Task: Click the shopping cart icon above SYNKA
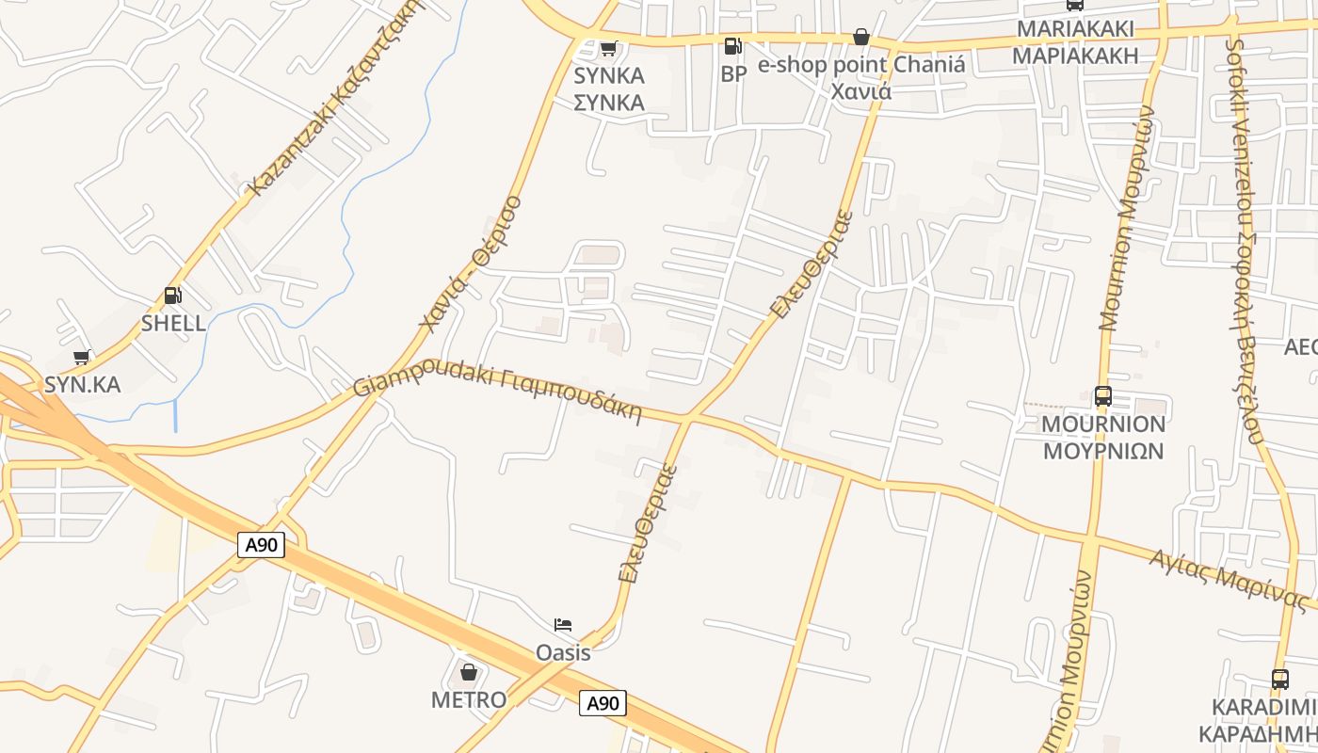608,48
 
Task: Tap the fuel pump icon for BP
732,45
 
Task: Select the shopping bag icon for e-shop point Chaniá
860,37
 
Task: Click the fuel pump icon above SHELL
172,296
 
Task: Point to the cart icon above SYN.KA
82,357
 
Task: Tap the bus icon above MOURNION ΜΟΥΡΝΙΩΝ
1102,396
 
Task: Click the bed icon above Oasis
563,625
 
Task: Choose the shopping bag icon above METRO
469,672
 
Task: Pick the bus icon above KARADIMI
1279,679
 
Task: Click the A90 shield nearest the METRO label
603,703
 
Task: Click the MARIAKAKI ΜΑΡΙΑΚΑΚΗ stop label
1075,41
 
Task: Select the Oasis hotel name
563,652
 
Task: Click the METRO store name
469,699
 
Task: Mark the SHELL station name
173,323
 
